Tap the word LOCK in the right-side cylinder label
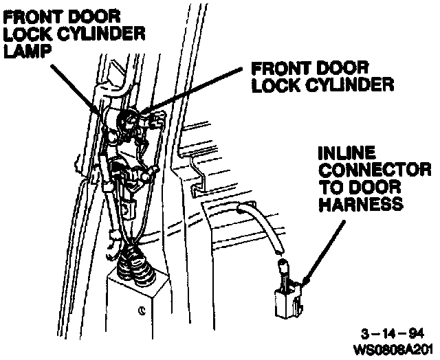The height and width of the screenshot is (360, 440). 278,85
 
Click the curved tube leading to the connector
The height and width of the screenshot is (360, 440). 265,226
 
